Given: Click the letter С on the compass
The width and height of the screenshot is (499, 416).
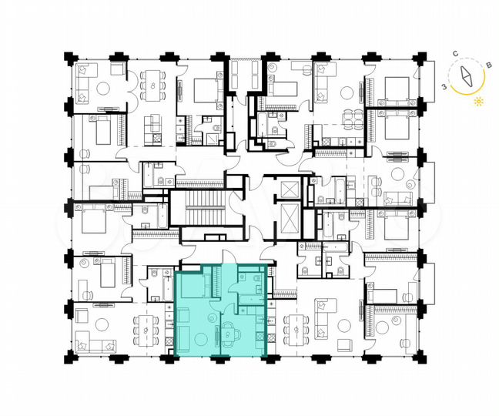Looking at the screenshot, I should (x=456, y=53).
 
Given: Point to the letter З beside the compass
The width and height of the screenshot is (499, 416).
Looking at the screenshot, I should (x=444, y=87).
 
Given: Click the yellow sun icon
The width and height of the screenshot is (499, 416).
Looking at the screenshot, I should (x=480, y=101).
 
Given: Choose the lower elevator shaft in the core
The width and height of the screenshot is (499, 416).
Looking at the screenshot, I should (x=289, y=221).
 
